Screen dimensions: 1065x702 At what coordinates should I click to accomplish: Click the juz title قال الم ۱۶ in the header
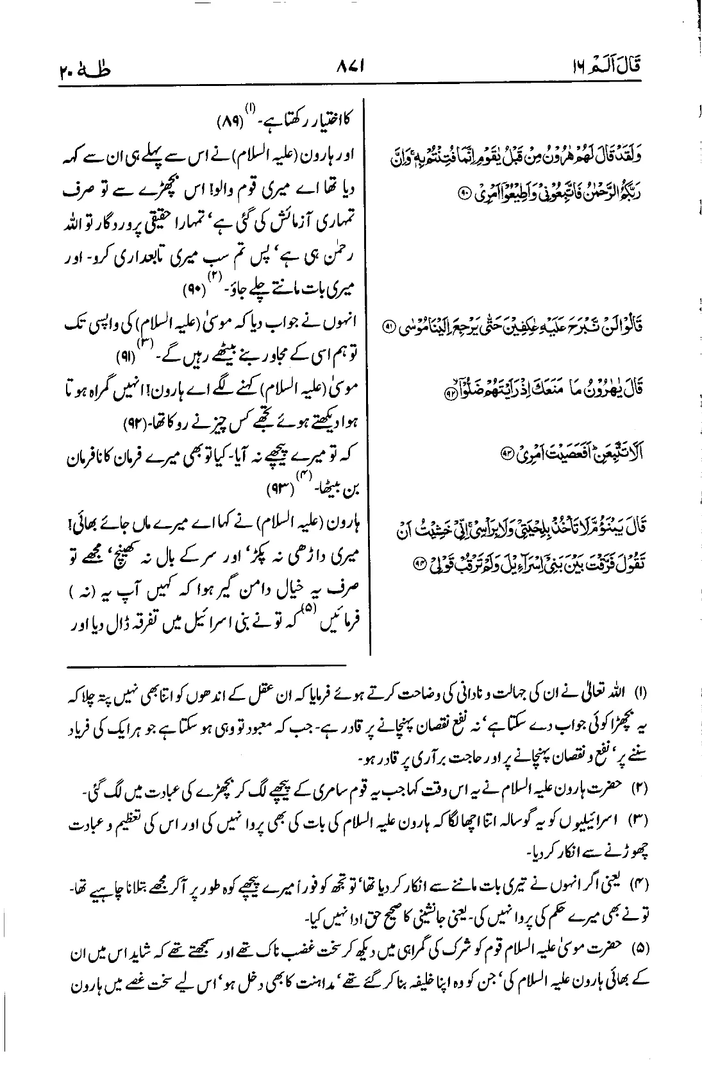tap(612, 66)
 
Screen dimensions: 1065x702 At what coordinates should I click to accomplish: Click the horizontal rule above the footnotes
tap(210, 666)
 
